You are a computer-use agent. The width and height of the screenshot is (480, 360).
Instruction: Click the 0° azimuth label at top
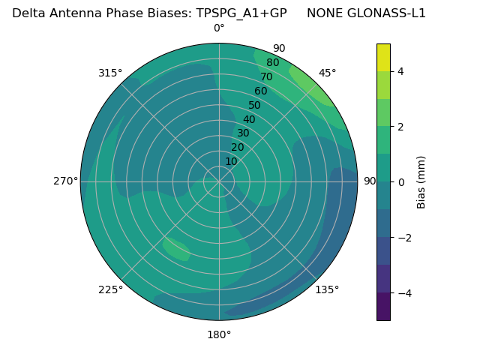(219, 28)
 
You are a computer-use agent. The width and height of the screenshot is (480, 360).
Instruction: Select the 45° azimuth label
(328, 73)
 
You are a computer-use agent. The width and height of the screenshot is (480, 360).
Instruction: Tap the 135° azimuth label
(327, 289)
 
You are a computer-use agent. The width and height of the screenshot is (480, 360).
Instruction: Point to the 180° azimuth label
(219, 334)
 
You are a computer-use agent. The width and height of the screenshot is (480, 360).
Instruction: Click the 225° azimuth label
(110, 289)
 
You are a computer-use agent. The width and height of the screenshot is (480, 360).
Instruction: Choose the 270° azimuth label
(65, 181)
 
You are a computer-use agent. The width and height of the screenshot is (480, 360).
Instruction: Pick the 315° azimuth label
(110, 73)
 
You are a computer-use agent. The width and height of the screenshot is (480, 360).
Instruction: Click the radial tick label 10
(231, 161)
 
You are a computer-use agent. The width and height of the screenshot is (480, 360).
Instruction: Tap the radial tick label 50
(255, 105)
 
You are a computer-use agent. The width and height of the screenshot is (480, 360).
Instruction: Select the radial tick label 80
(273, 63)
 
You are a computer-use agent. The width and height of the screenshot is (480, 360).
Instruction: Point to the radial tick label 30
(243, 133)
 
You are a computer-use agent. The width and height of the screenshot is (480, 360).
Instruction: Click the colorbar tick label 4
(400, 71)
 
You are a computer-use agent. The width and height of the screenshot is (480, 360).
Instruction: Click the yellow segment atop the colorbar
(383, 57)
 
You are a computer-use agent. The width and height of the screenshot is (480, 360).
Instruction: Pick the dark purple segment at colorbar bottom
(383, 307)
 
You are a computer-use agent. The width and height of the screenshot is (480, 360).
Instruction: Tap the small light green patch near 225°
(177, 249)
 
